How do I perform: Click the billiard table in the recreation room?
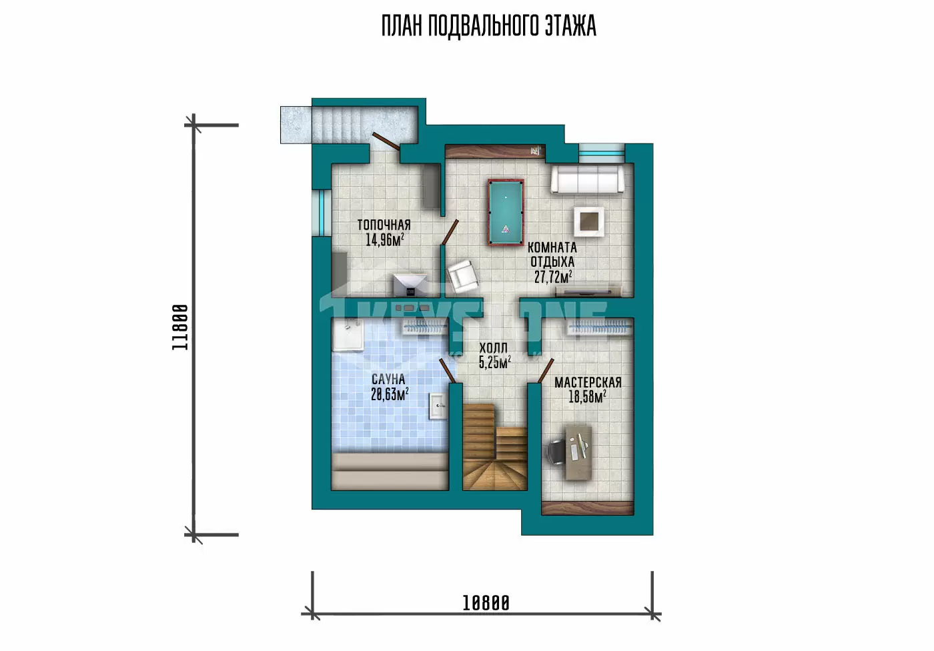coord(506,213)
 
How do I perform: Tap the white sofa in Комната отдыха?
coord(588,179)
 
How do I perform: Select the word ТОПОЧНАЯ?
coord(384,225)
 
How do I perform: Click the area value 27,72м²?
coord(553,277)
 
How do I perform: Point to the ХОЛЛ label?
coord(494,348)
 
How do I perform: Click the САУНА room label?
coord(388,380)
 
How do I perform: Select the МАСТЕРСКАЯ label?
coord(588,383)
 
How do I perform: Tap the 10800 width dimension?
coord(486,603)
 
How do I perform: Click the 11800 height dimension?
coord(180,328)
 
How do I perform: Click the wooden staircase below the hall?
coord(494,447)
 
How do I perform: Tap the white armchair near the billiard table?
coord(462,276)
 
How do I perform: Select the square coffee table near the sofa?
coord(588,221)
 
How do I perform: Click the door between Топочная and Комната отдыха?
coord(450,231)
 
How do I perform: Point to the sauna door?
coord(448,370)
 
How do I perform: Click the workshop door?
coord(546,370)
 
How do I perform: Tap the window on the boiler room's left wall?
coord(322,213)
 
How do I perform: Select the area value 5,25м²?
coord(495,363)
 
